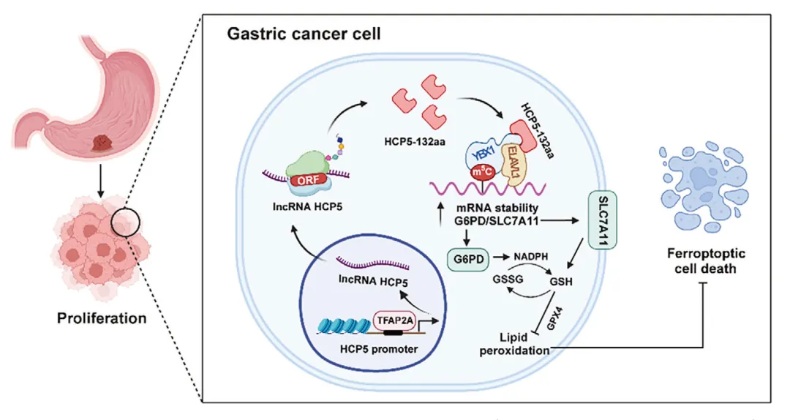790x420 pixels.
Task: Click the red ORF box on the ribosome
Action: tap(309, 179)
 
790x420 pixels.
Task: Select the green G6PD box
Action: tap(469, 260)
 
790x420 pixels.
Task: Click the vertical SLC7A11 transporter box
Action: tap(603, 221)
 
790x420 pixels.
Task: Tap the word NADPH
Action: tap(530, 257)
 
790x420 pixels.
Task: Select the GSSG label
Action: tap(508, 279)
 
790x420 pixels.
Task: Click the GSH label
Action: tap(561, 282)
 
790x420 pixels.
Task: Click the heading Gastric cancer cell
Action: tap(304, 34)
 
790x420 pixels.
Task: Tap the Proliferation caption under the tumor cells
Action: tap(102, 318)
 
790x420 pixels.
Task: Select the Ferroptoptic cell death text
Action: tap(705, 260)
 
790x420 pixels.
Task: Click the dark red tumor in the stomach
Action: tap(102, 143)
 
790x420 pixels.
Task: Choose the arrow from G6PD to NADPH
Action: tap(501, 257)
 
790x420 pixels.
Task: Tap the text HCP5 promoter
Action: tap(379, 349)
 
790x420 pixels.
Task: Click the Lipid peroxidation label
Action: tap(514, 343)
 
